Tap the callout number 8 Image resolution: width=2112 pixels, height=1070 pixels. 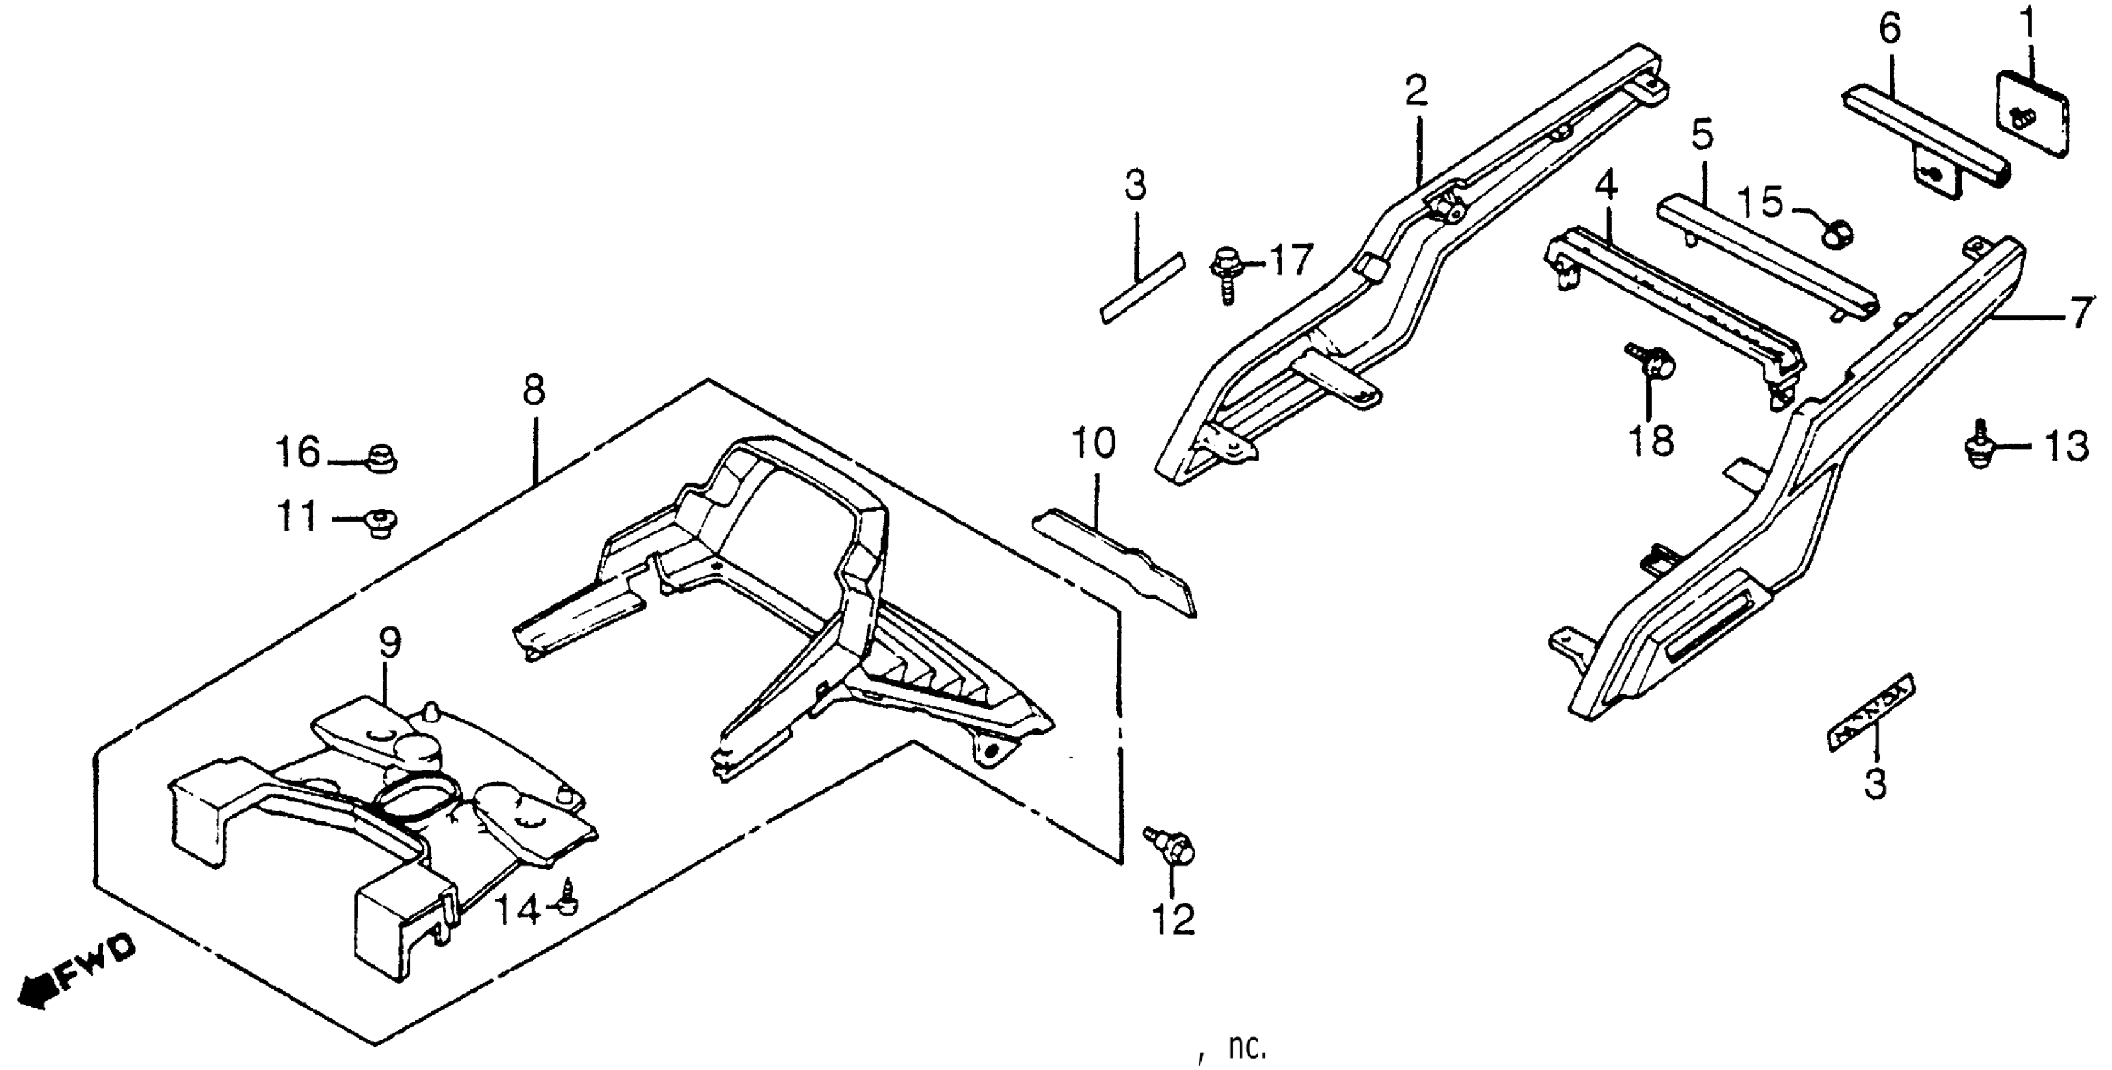click(533, 391)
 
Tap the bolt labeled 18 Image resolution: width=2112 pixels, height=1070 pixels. click(1649, 363)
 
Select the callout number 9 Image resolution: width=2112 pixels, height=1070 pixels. click(390, 644)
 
